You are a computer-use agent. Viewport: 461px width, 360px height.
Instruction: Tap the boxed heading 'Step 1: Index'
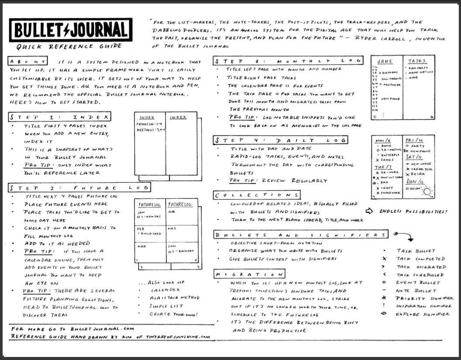tap(59, 117)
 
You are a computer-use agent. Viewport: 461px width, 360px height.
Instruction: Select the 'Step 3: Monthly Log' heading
tap(288, 61)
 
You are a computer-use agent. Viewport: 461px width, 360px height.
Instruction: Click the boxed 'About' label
tap(28, 62)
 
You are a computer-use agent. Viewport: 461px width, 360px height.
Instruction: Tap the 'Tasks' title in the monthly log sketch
tap(416, 61)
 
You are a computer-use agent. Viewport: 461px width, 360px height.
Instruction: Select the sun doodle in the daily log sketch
tap(427, 192)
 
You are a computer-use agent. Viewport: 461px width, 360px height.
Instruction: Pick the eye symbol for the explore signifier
tap(384, 314)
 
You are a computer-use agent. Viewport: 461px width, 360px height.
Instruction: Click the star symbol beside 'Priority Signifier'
tap(384, 298)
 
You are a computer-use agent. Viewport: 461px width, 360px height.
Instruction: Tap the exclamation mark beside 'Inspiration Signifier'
tap(384, 306)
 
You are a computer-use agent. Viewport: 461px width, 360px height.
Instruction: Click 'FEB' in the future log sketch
tap(141, 228)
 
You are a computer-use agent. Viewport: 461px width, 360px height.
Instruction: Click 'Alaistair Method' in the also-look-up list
tap(174, 298)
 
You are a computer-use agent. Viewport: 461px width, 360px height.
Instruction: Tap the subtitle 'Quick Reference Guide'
tap(67, 47)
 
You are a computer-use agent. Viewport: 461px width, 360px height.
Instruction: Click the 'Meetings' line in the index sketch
tap(148, 129)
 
